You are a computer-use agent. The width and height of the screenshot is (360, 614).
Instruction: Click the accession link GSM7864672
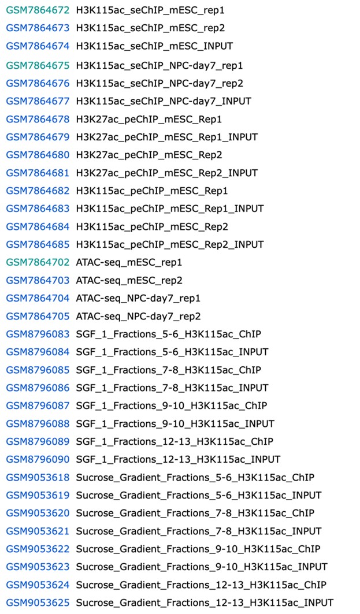[38, 10]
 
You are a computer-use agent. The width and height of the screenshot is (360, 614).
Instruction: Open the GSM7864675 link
[38, 65]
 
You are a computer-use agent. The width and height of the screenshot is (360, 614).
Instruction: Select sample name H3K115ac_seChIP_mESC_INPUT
[154, 46]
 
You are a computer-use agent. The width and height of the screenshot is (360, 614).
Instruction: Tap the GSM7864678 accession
[38, 119]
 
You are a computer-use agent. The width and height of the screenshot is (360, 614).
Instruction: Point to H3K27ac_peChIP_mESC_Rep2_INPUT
[167, 173]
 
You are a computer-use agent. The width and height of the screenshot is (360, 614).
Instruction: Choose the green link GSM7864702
[38, 262]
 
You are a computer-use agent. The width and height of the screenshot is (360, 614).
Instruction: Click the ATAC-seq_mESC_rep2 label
[129, 281]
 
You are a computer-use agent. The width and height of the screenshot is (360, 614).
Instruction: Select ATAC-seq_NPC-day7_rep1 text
[138, 299]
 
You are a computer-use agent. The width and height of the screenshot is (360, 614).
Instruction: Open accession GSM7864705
[38, 317]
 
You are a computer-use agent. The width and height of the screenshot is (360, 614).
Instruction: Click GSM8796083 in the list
[38, 334]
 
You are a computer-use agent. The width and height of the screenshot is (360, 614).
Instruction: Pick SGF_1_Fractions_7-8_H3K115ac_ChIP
[169, 370]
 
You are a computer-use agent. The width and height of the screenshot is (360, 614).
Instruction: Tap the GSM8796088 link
[38, 424]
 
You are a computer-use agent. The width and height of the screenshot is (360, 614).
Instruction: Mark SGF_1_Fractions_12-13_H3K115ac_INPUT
[178, 460]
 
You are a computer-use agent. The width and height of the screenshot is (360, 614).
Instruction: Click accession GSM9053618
[38, 478]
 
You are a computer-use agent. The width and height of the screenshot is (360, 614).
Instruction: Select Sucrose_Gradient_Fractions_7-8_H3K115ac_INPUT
[199, 532]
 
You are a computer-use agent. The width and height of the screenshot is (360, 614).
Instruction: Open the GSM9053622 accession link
[38, 549]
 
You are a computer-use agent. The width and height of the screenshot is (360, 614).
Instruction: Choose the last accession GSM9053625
[38, 603]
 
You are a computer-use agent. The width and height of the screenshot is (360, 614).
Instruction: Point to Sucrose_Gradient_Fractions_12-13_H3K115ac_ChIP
[201, 586]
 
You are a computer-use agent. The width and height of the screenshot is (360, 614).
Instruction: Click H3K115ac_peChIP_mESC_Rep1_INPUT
[170, 209]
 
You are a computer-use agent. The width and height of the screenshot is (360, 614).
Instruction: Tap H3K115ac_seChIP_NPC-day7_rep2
[159, 83]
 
